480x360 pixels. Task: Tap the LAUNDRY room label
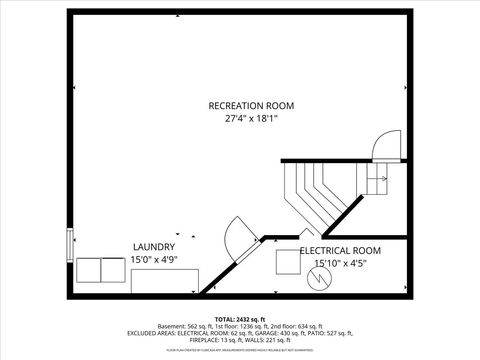[154, 247]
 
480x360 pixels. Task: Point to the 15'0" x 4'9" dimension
[154, 260]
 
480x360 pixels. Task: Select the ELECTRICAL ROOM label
[340, 251]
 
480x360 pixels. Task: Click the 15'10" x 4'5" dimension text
[340, 264]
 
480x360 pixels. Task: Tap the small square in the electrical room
[288, 261]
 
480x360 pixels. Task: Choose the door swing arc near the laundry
[237, 237]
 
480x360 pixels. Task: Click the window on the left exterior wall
[69, 244]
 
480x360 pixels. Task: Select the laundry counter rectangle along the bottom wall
[165, 281]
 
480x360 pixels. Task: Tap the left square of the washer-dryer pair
[87, 270]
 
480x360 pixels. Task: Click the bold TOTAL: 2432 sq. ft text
[241, 317]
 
